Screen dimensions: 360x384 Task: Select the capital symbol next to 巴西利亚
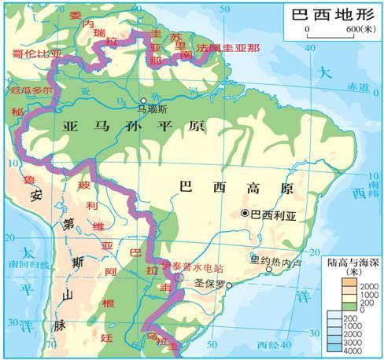(x=244, y=213)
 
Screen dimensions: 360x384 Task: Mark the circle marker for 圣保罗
(x=229, y=286)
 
